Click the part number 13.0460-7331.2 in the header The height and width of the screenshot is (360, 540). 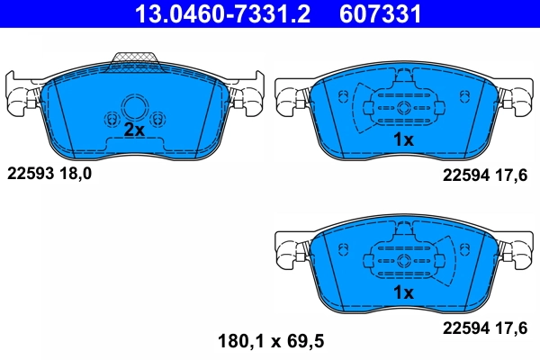coord(229,14)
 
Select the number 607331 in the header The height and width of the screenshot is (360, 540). coord(378,14)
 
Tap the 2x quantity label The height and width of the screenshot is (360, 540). coord(133,130)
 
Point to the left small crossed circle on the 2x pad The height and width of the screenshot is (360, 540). coord(112,119)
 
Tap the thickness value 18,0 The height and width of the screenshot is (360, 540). coord(76,173)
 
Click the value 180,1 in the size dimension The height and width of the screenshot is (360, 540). coord(241,341)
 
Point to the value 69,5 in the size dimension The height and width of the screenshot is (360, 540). coord(305,341)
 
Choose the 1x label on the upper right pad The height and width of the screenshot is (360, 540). coord(402,139)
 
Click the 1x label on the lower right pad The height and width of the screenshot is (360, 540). coord(402,293)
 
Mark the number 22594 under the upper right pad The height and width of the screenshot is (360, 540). coord(464,177)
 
